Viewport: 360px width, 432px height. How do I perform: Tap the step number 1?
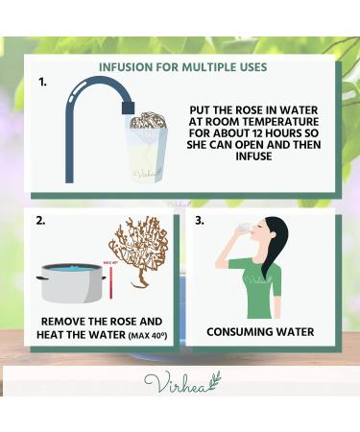[42, 83]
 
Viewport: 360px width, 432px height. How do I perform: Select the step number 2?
[40, 221]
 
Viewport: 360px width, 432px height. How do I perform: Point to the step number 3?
[200, 221]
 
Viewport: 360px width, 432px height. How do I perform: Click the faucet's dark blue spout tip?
[128, 108]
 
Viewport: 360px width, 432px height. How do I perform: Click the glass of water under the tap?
[146, 156]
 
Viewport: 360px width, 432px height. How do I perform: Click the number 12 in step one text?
[258, 133]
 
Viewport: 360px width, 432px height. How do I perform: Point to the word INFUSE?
[254, 156]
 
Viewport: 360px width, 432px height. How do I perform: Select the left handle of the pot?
[41, 278]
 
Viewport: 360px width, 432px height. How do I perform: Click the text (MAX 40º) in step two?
[148, 336]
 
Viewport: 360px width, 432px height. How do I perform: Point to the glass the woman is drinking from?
[244, 228]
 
